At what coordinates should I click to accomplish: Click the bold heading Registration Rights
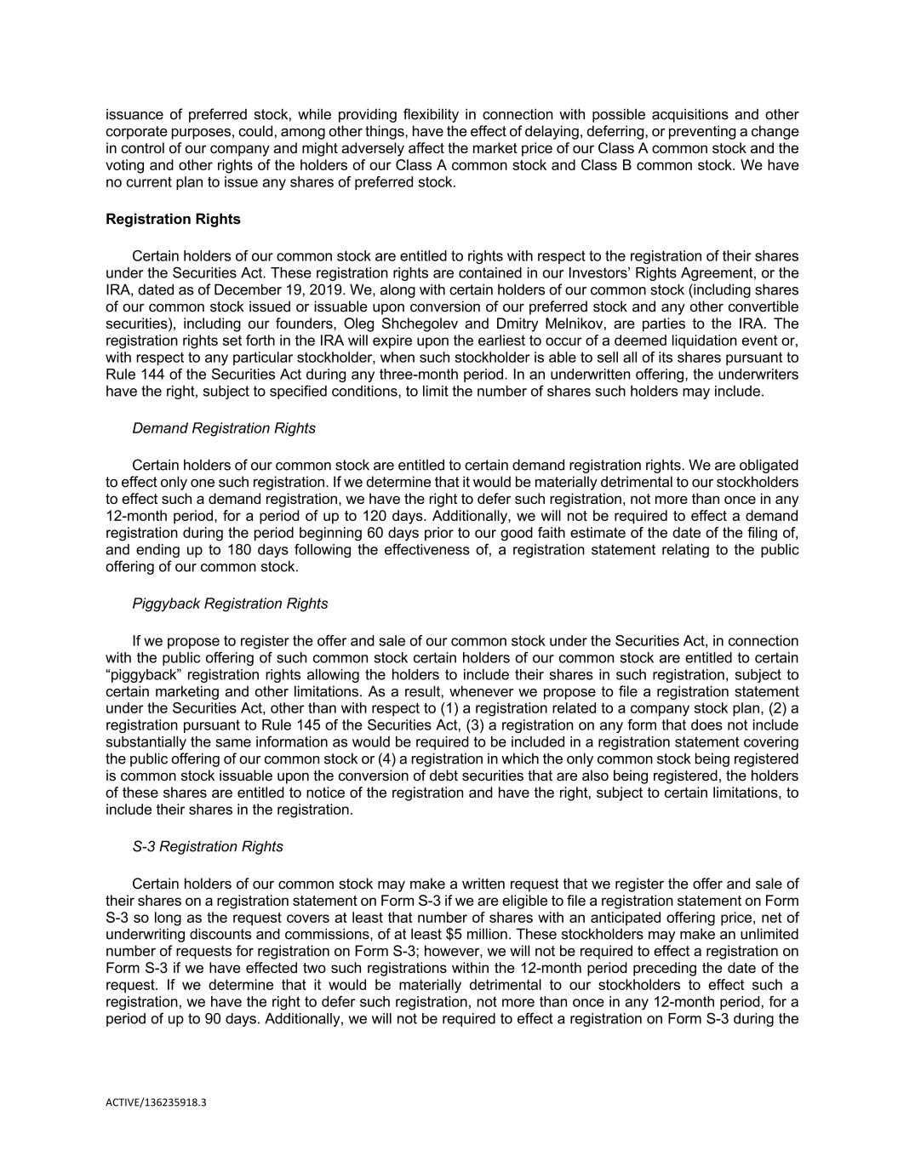(173, 220)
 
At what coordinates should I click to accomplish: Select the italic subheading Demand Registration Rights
(223, 428)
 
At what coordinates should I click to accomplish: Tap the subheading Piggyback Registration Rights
(230, 604)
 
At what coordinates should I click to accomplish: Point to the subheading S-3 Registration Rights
(208, 846)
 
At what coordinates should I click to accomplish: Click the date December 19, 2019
(272, 289)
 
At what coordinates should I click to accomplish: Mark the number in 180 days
(223, 550)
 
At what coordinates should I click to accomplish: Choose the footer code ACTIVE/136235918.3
(156, 1102)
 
